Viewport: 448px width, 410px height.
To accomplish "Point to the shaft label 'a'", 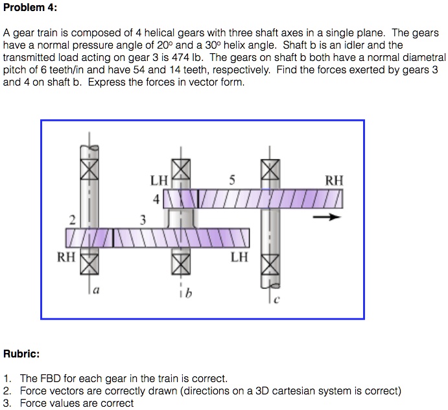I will click(96, 293).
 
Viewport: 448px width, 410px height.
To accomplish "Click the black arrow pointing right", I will click(326, 218).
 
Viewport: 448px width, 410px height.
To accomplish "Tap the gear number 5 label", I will click(232, 180).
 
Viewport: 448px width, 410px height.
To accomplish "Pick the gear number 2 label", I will click(73, 218).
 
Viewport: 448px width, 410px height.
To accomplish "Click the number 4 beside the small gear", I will click(156, 199).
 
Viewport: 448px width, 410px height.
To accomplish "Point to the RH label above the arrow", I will click(335, 181).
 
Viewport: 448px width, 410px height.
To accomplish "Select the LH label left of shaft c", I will click(239, 258).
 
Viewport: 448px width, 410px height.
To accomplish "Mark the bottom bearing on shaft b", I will click(181, 263).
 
